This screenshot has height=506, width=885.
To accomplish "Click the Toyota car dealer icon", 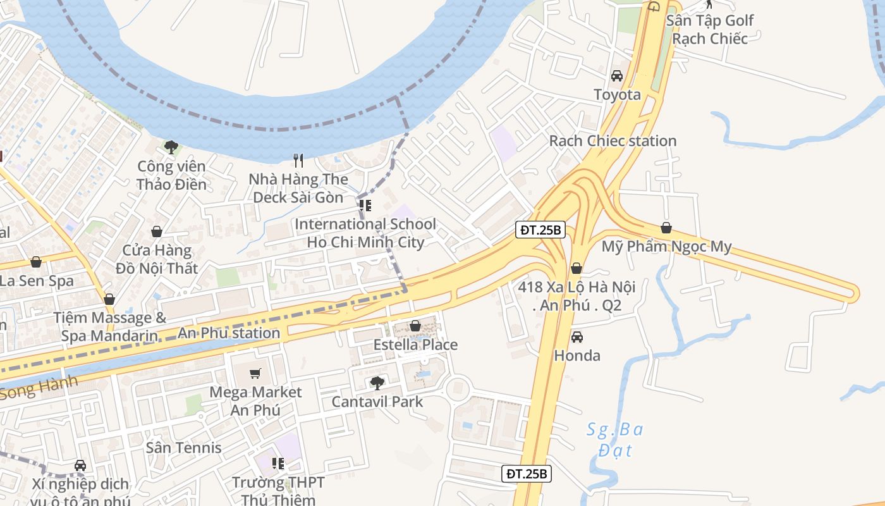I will point(617,76).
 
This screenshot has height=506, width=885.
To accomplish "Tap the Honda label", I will point(577,355).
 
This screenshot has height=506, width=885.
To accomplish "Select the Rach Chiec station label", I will point(613,140).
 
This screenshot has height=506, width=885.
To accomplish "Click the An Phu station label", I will point(229,333).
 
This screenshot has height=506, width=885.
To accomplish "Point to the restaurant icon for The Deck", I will point(299,161).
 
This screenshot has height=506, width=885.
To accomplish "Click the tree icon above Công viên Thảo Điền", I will point(171,147).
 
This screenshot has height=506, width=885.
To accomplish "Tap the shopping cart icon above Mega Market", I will point(255,374).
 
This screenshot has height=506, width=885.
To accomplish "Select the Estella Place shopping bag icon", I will point(415,326).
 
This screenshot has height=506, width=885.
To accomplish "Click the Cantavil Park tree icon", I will point(377,383).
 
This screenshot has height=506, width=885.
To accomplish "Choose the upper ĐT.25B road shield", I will point(540,230).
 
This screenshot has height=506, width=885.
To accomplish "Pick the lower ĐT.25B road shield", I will point(527,473).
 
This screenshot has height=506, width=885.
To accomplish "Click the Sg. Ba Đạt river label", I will point(614,440).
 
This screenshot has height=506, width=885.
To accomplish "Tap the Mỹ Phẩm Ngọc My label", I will point(666,246).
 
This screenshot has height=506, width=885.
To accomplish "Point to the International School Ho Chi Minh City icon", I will point(365,206).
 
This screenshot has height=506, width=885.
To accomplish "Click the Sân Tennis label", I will point(184,448).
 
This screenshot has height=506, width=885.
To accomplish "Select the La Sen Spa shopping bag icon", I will point(37,262).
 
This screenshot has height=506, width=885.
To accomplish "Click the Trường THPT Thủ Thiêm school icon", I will point(278,464).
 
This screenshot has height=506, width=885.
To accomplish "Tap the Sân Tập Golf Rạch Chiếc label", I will point(710,29).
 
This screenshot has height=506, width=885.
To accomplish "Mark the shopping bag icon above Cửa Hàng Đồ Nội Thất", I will point(156,232).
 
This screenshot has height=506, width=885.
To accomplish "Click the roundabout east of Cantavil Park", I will point(458,388).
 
